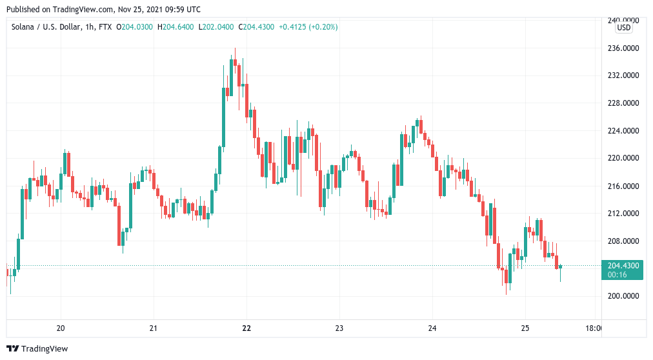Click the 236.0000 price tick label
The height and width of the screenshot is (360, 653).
click(x=624, y=48)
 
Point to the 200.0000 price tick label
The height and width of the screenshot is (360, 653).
click(x=624, y=296)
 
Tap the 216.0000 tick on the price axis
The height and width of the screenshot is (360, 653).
click(x=624, y=186)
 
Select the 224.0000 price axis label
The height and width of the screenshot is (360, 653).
click(x=624, y=131)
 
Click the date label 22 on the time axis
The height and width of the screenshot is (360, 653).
click(x=246, y=328)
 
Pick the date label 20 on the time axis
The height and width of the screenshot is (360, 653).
click(x=61, y=328)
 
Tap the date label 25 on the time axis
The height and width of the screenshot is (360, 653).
click(x=525, y=328)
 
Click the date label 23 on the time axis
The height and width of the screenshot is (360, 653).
click(x=339, y=328)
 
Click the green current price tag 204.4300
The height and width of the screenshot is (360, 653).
click(x=622, y=266)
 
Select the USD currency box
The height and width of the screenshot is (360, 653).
click(x=624, y=28)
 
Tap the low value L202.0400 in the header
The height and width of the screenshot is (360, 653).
click(x=217, y=27)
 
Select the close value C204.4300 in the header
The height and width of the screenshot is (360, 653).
click(x=257, y=27)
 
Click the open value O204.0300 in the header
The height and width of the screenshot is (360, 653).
click(x=134, y=27)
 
